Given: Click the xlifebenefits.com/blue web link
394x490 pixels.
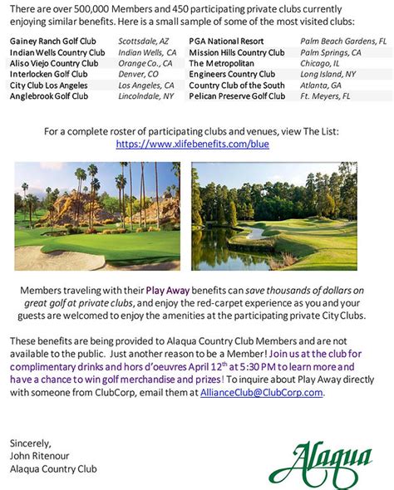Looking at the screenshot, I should pos(192,144).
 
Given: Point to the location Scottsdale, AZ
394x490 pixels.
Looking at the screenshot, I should pos(144,40).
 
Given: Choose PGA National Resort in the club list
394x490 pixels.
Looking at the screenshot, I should pos(226,40).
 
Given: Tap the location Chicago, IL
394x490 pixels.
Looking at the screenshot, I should pos(321,62).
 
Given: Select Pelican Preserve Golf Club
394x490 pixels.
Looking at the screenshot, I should pos(237,96).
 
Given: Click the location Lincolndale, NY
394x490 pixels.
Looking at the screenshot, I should pos(146,96).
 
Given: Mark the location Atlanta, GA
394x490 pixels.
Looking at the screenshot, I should pos(323,85).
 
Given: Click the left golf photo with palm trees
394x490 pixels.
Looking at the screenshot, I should pos(97,216).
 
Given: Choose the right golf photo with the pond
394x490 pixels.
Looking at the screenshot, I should pos(273,216).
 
